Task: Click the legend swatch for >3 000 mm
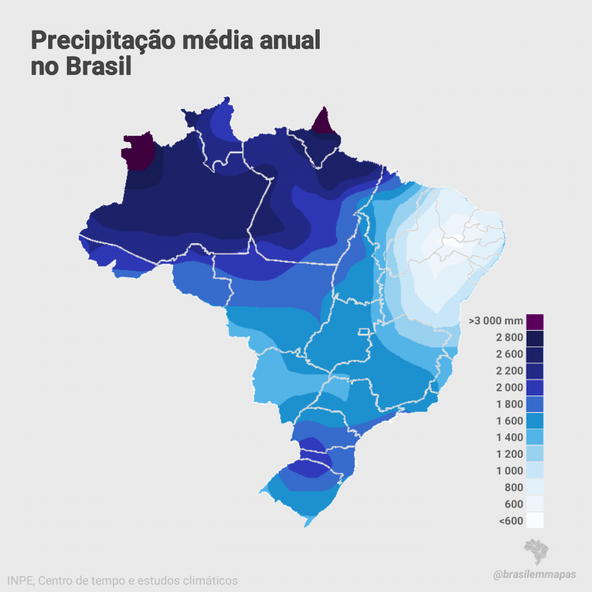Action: [534, 321]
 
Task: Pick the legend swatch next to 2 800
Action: [534, 338]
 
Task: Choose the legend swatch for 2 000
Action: [534, 388]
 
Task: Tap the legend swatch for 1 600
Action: [534, 421]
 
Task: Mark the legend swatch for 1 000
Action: [534, 470]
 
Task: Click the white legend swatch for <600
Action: [534, 519]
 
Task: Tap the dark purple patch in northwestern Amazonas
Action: [139, 151]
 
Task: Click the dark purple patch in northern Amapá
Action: [322, 122]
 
